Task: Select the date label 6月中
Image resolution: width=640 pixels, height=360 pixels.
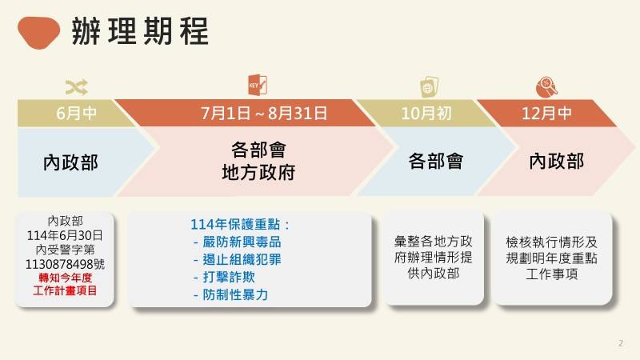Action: click(77, 113)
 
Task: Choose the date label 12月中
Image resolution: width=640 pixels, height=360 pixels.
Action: click(546, 113)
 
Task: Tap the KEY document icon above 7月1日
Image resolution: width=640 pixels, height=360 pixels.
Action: click(258, 84)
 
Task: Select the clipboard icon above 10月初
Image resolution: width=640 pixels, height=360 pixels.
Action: click(428, 85)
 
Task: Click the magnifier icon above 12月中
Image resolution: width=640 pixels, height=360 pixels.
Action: click(549, 85)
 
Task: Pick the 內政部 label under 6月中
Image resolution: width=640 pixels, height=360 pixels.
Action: click(70, 162)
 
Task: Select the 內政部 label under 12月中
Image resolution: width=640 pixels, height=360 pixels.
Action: click(556, 162)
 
